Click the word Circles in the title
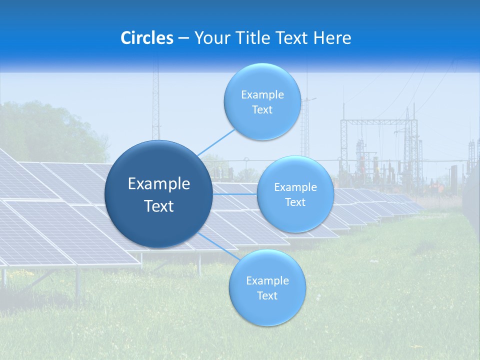[x=147, y=38]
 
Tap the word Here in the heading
[x=332, y=38]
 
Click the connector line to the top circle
[x=216, y=142]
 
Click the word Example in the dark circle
[x=159, y=184]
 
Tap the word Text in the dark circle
[x=159, y=206]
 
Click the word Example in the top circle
[x=262, y=94]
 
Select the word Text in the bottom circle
[x=267, y=295]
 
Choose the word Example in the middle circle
[x=295, y=187]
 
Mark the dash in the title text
[x=183, y=38]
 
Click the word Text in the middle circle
[x=295, y=202]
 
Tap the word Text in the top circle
[x=262, y=109]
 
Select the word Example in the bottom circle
[x=267, y=280]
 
